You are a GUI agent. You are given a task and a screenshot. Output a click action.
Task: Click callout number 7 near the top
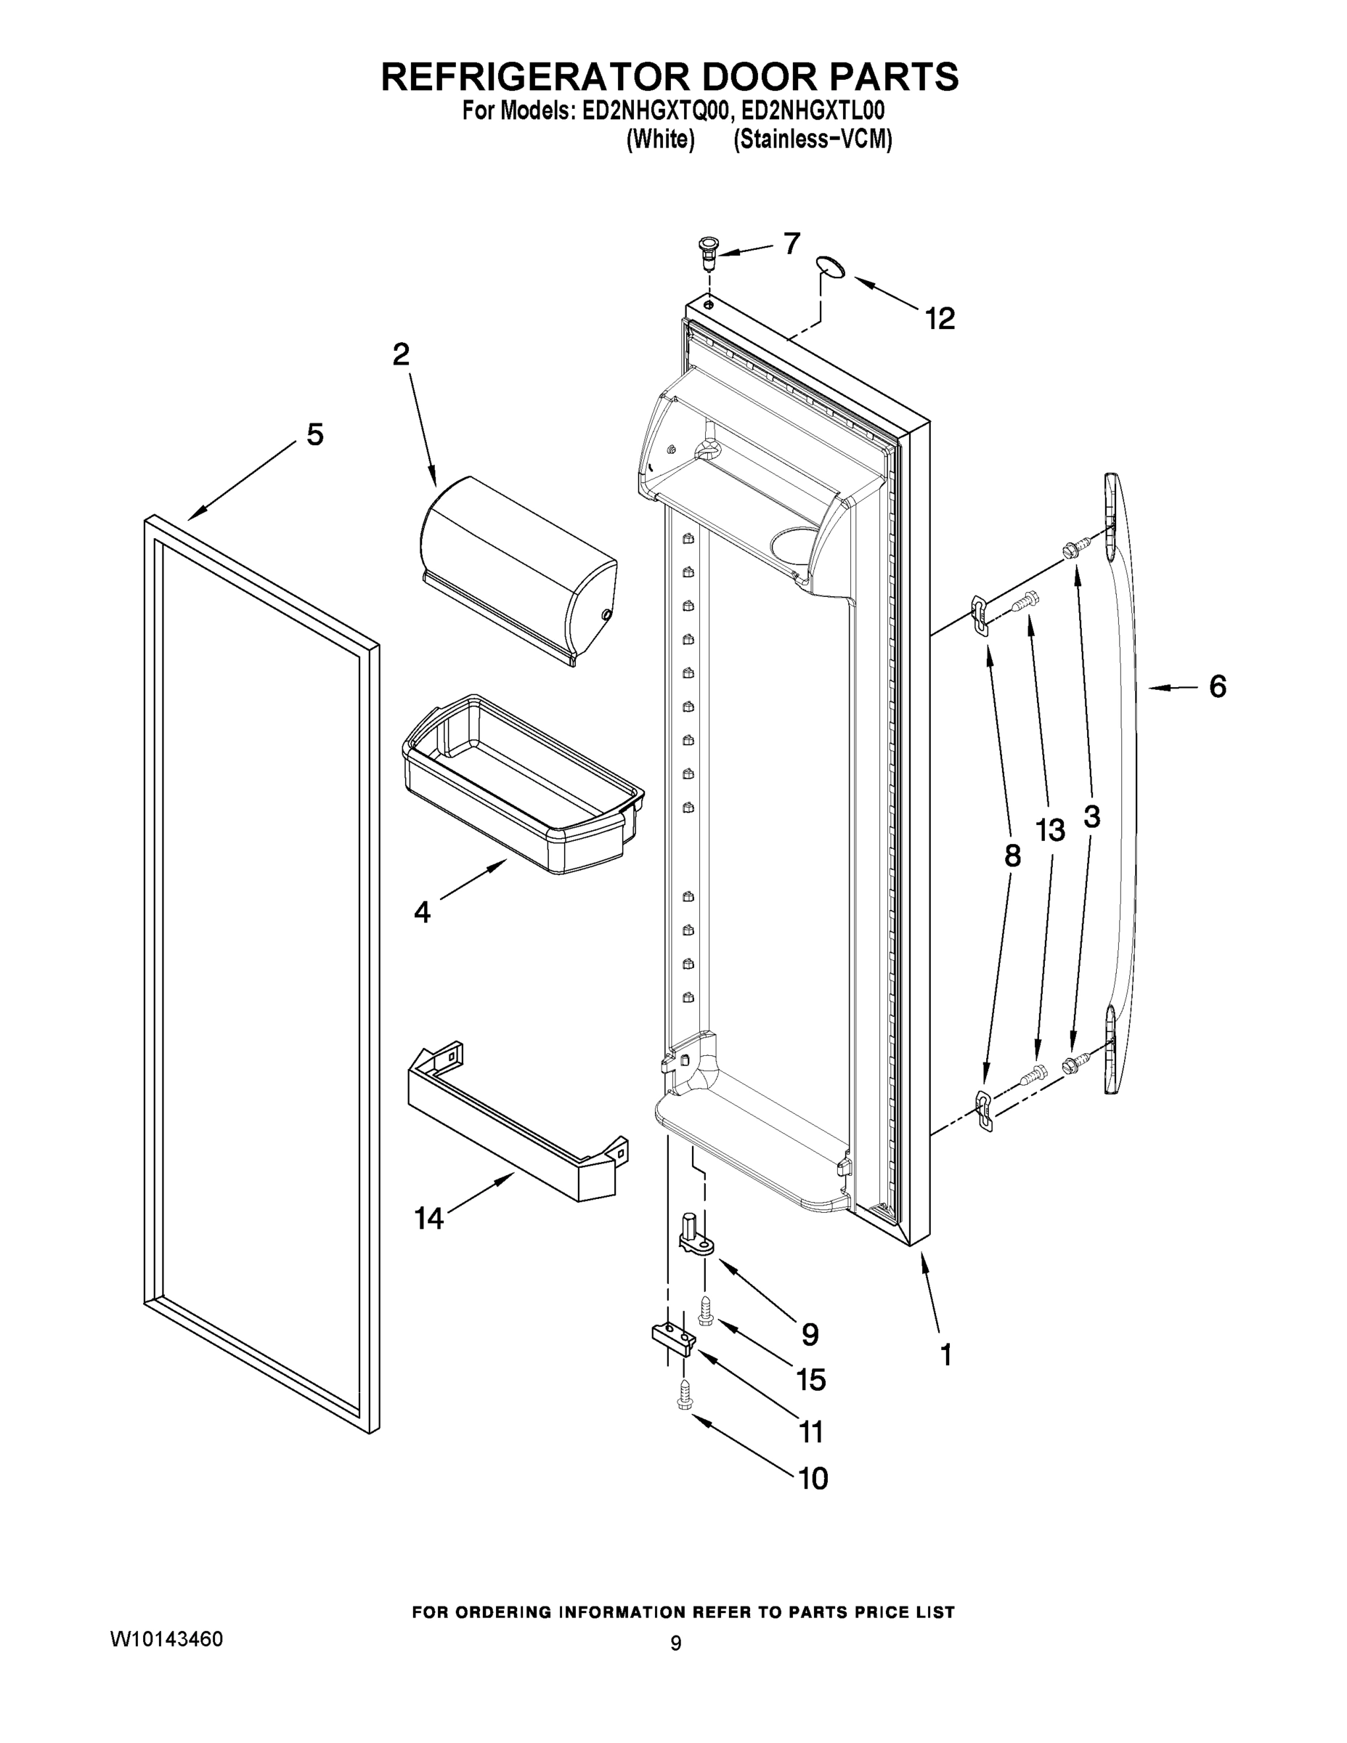tap(791, 243)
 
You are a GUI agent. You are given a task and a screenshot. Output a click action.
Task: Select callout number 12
tap(940, 320)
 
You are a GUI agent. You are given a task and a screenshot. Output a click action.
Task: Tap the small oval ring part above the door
tap(831, 267)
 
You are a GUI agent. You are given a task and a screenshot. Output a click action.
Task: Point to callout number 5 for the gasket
tap(315, 435)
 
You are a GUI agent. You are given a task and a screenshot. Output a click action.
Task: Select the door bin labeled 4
tap(523, 786)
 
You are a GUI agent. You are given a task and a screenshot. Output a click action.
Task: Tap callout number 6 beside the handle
tap(1217, 686)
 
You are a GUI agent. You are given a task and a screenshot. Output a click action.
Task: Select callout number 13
tap(1050, 831)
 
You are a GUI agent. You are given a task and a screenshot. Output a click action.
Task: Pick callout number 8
tap(1012, 856)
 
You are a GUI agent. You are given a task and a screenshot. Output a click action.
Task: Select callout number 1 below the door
tap(945, 1354)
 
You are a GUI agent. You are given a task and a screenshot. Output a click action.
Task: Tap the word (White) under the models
tap(660, 139)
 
